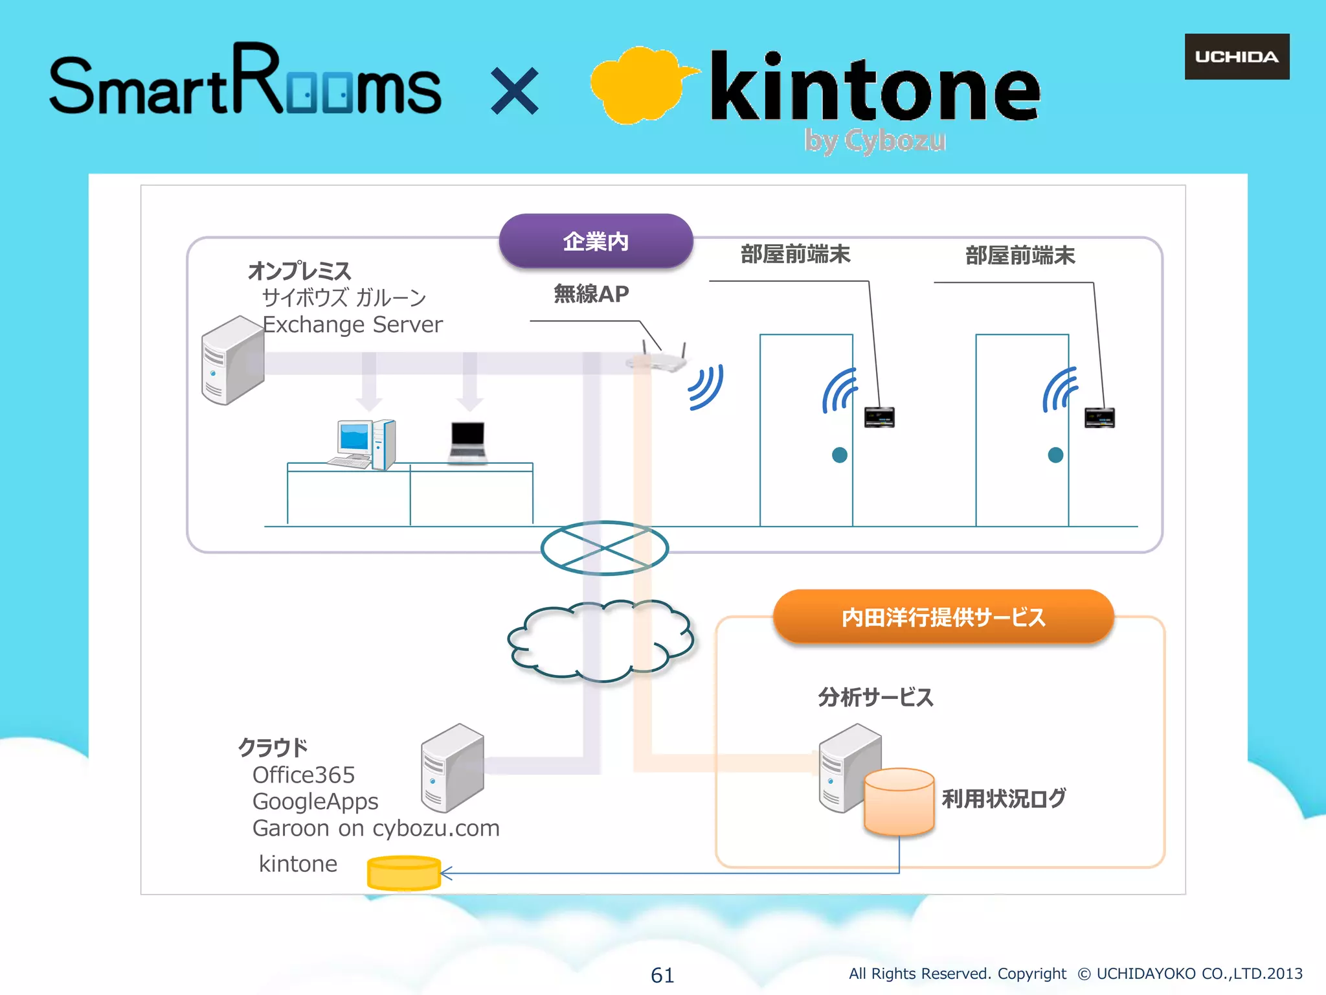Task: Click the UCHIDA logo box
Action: (1237, 57)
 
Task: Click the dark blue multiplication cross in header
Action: (515, 91)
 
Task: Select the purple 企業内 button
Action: (596, 241)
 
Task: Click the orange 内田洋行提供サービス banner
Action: (943, 617)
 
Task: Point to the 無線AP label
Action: (591, 294)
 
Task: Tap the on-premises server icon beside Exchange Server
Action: (232, 361)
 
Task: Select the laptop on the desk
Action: (467, 442)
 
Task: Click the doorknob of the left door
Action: (839, 455)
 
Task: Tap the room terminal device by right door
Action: (1099, 417)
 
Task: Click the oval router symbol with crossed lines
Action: (604, 548)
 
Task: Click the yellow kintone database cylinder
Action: (404, 873)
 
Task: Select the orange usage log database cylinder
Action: (899, 802)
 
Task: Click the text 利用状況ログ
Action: (1004, 798)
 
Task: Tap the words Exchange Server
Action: (353, 324)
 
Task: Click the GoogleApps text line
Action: (315, 801)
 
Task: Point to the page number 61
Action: (662, 975)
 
